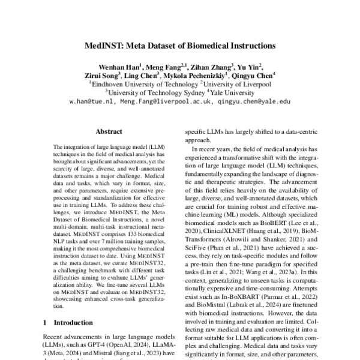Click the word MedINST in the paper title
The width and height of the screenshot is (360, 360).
[105, 46]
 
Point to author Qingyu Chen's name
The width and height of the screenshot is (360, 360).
[254, 76]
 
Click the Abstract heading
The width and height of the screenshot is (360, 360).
[109, 131]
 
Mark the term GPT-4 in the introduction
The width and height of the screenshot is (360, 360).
[92, 346]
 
